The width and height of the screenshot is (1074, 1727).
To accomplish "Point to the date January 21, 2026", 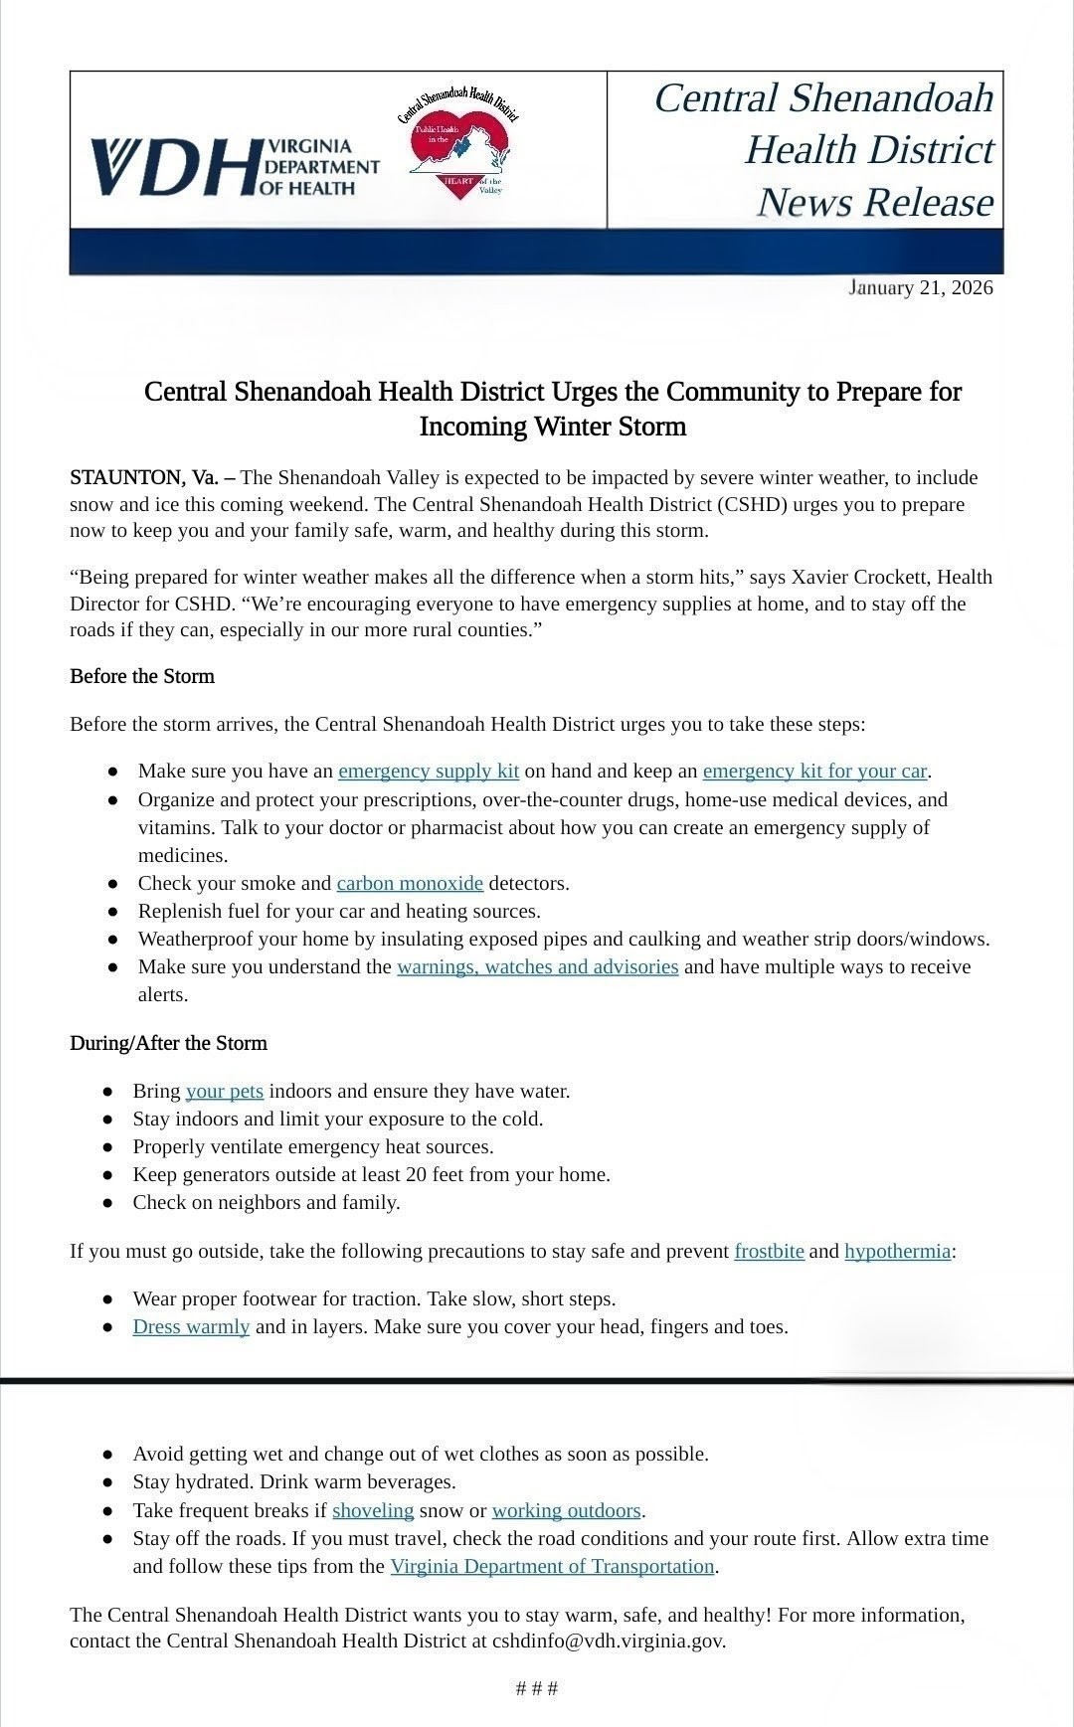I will point(920,288).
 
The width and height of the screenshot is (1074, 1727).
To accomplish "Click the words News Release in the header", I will point(874,202).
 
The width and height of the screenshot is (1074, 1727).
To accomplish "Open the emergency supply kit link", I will point(429,771).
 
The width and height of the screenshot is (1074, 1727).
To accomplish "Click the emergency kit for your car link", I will point(814,771).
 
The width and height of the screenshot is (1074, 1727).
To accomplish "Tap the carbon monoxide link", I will point(410,883).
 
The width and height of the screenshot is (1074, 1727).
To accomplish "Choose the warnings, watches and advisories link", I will point(537,966).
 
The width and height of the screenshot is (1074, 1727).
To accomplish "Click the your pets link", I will point(224,1091).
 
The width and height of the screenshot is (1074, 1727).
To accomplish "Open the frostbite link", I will point(769,1251).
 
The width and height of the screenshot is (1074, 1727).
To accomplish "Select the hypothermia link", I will point(897,1251).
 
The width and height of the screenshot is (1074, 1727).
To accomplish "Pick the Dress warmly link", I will point(191,1326).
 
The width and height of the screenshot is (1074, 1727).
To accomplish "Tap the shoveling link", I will point(373,1510).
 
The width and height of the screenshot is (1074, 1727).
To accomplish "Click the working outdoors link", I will point(566,1510).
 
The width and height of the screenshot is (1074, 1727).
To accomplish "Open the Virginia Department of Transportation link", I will point(552,1566).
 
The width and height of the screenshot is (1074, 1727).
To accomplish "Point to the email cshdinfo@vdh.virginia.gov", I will point(608,1641).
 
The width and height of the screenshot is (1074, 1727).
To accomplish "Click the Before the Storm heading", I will point(142,676).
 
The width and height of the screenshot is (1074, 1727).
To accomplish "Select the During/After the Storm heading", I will point(168,1043).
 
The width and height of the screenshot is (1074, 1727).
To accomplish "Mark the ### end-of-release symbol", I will point(537,1688).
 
